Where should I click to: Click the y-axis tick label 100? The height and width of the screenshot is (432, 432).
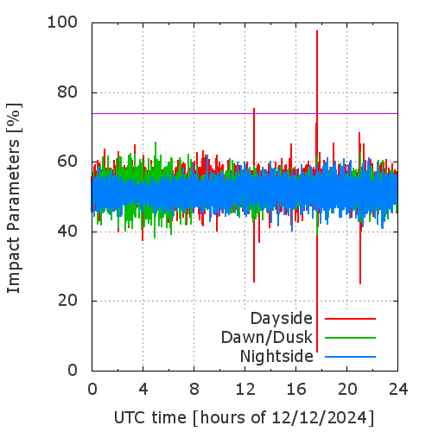pyautogui.click(x=62, y=22)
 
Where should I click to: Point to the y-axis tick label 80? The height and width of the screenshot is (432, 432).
pyautogui.click(x=67, y=92)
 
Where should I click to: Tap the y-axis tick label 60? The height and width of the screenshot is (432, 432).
pyautogui.click(x=67, y=162)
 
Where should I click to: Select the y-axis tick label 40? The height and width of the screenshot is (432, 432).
pyautogui.click(x=67, y=231)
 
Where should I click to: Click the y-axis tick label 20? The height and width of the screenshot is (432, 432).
pyautogui.click(x=67, y=301)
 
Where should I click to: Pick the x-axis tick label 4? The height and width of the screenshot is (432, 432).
pyautogui.click(x=143, y=390)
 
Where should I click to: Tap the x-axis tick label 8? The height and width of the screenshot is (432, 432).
pyautogui.click(x=194, y=390)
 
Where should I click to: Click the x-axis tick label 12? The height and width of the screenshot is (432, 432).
pyautogui.click(x=245, y=390)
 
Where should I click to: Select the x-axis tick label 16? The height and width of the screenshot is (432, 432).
pyautogui.click(x=296, y=390)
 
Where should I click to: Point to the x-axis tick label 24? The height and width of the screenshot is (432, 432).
pyautogui.click(x=398, y=390)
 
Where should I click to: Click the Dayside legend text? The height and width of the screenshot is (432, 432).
pyautogui.click(x=282, y=319)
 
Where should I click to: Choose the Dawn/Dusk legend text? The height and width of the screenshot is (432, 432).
pyautogui.click(x=267, y=337)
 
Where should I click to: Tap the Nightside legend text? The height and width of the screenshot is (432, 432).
pyautogui.click(x=276, y=357)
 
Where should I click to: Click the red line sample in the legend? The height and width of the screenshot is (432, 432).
pyautogui.click(x=350, y=319)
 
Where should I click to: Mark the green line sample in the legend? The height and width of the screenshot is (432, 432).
pyautogui.click(x=350, y=338)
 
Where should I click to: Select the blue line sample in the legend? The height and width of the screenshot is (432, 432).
pyautogui.click(x=350, y=357)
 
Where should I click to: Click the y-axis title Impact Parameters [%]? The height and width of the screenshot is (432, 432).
pyautogui.click(x=14, y=198)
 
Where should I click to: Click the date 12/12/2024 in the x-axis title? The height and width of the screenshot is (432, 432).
pyautogui.click(x=320, y=417)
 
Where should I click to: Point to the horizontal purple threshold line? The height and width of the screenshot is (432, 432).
pyautogui.click(x=245, y=113)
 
